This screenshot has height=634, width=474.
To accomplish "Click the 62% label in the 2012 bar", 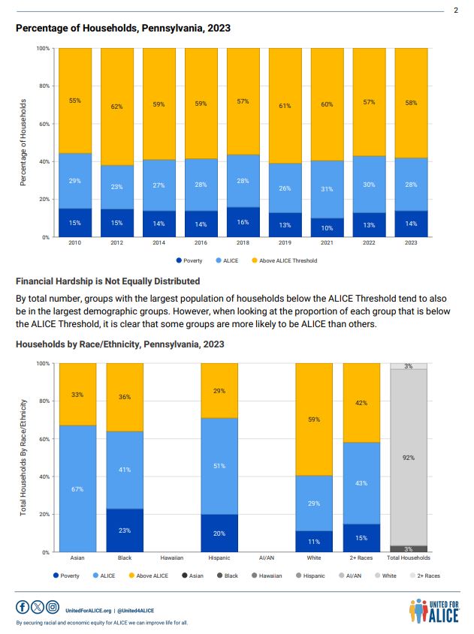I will [116, 107].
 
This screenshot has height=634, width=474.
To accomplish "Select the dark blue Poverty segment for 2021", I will [328, 227].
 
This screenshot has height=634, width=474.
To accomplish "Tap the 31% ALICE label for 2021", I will [327, 189].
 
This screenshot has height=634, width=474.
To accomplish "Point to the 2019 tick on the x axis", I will [285, 243].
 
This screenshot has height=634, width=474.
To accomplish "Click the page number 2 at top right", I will [456, 10].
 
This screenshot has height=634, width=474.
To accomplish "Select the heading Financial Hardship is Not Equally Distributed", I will [107, 281].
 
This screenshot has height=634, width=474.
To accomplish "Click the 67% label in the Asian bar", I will [77, 489].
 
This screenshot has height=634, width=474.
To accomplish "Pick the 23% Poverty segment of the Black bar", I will [125, 530].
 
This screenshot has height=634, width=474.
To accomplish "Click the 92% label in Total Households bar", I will [409, 457].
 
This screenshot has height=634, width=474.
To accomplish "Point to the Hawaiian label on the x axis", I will [172, 558].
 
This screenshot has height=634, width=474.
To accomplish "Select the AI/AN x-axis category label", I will [267, 558].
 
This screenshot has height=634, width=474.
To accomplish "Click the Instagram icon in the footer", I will [52, 607].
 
